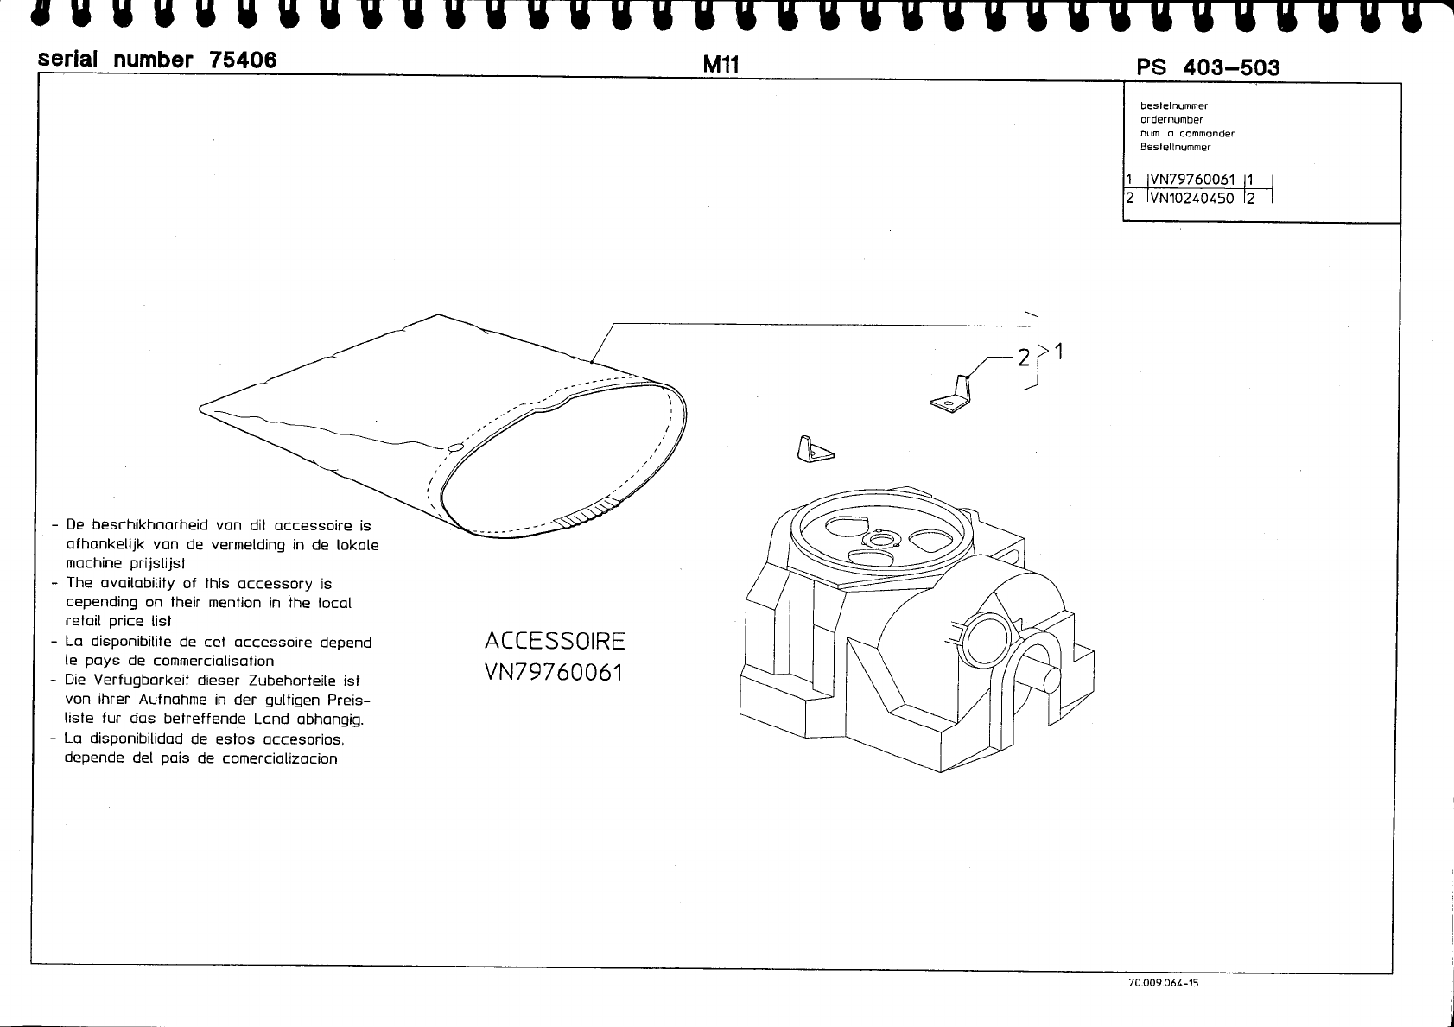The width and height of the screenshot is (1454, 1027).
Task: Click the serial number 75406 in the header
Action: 158,60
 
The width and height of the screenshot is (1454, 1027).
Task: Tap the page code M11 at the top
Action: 721,64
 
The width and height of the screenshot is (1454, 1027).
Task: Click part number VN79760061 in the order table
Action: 1192,181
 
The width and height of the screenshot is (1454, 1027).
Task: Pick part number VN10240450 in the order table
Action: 1192,199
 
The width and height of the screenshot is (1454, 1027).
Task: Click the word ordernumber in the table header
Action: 1171,120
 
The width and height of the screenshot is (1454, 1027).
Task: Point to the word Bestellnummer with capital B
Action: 1175,148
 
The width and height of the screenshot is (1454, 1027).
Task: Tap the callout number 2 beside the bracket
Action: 1024,357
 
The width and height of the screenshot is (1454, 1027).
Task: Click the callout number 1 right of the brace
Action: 1058,352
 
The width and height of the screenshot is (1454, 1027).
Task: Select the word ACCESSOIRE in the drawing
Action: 555,642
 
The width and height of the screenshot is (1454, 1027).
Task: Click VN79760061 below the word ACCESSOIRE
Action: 554,672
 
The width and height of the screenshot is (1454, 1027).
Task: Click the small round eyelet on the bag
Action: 455,449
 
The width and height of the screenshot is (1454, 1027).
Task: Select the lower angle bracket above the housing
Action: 813,449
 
